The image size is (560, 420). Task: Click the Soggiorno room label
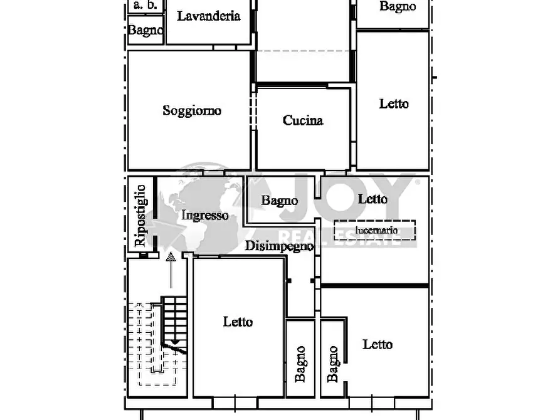192,111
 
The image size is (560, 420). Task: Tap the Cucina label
303,120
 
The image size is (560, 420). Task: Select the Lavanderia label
209,16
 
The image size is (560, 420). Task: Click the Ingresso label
204,216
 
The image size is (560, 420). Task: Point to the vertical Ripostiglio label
140,216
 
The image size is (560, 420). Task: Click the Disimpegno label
279,246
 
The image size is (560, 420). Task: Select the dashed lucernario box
374,230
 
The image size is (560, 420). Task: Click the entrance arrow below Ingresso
171,270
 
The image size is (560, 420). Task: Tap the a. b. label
145,5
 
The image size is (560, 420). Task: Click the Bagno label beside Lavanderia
145,30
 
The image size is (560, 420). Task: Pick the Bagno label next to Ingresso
279,201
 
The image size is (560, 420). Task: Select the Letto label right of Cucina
394,104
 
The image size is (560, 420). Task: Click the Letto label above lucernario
372,199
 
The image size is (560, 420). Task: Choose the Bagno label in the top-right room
398,6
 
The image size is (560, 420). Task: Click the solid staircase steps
174,323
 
